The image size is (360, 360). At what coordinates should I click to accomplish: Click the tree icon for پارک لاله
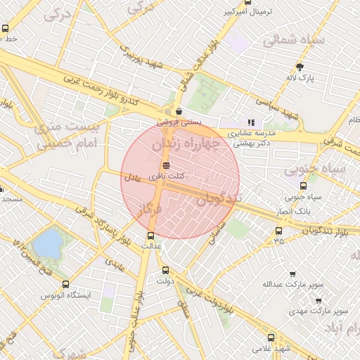click(301, 67)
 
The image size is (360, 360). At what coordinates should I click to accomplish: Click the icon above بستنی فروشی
click(180, 111)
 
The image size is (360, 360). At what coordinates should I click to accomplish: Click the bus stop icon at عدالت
click(150, 236)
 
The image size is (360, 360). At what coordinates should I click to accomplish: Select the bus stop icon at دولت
click(165, 270)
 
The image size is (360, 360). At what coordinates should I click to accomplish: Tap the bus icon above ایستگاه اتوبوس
click(65, 284)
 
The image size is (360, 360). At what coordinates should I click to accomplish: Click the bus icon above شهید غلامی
click(271, 337)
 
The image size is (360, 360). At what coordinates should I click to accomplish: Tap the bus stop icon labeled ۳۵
click(279, 231)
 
